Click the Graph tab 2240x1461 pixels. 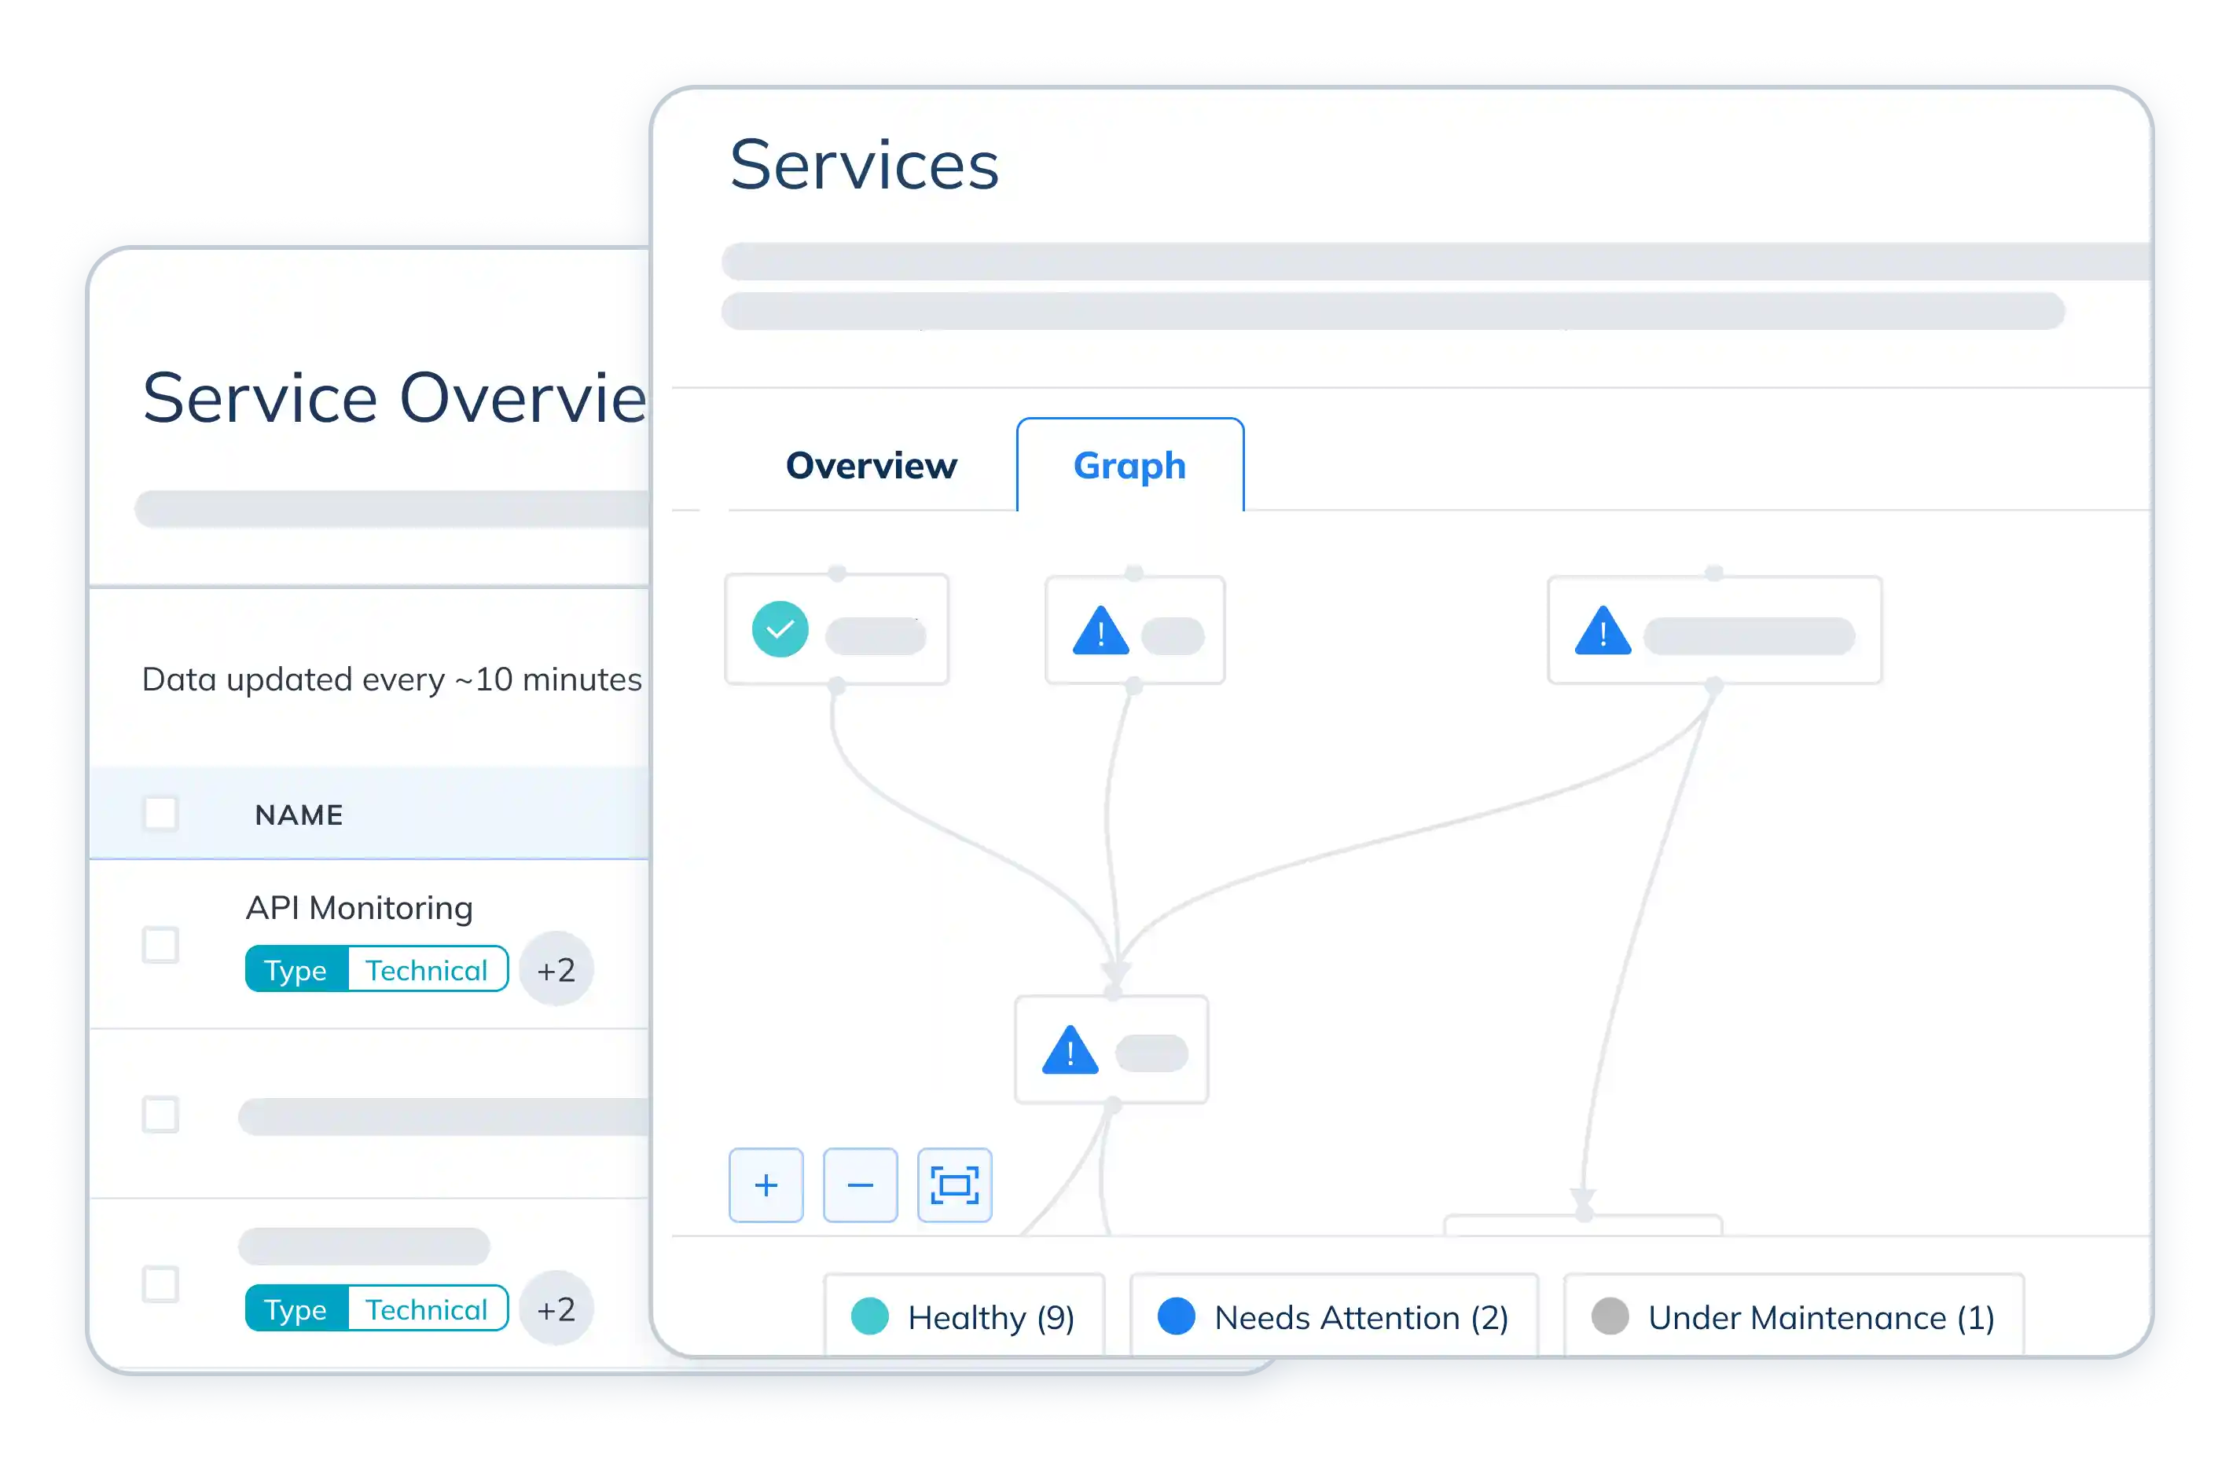[x=1129, y=466]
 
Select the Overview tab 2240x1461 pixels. [x=871, y=466]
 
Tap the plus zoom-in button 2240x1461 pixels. [x=766, y=1185]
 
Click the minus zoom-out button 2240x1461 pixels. [x=860, y=1185]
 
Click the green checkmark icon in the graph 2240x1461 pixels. [x=780, y=629]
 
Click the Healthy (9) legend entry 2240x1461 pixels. [x=964, y=1317]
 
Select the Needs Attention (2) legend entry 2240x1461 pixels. [x=1334, y=1317]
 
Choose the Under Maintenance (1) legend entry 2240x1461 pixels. [x=1794, y=1317]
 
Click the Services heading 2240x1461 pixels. [x=864, y=165]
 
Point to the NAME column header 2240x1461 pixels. [x=299, y=815]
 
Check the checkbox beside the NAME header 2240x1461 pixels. [x=161, y=814]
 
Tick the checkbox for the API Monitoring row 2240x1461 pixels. [x=161, y=944]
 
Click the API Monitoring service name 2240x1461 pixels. [x=359, y=908]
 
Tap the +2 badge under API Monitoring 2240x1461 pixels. [x=556, y=970]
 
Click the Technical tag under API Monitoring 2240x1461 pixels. [x=426, y=970]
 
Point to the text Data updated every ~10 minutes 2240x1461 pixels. [x=391, y=679]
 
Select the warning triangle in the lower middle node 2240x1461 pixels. [x=1070, y=1051]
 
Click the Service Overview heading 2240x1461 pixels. [x=395, y=398]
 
